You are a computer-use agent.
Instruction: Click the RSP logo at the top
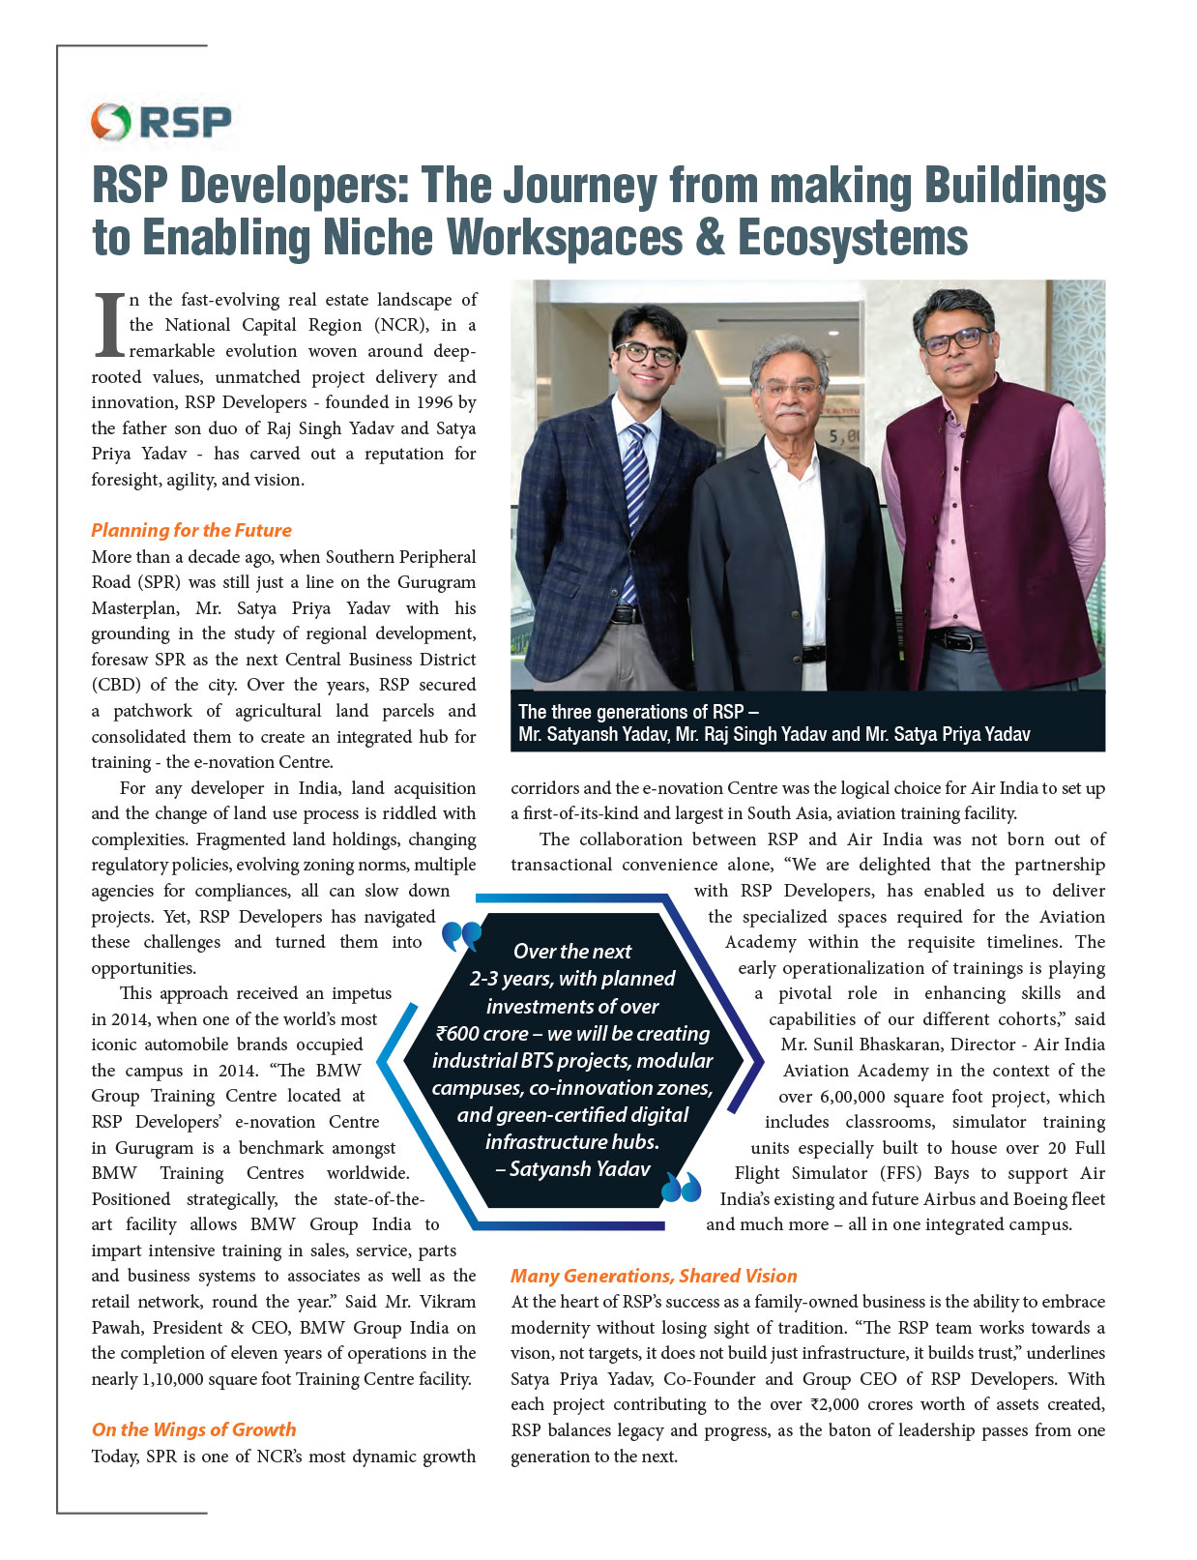click(162, 123)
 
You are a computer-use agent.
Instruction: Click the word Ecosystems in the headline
click(853, 238)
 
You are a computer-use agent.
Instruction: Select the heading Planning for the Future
click(191, 530)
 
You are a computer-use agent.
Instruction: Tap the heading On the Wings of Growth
click(193, 1429)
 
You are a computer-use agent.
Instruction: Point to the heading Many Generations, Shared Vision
click(654, 1276)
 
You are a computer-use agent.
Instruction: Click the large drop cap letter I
click(109, 327)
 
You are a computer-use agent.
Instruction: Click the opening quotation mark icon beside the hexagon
click(461, 935)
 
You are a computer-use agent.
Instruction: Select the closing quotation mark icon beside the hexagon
click(682, 1187)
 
